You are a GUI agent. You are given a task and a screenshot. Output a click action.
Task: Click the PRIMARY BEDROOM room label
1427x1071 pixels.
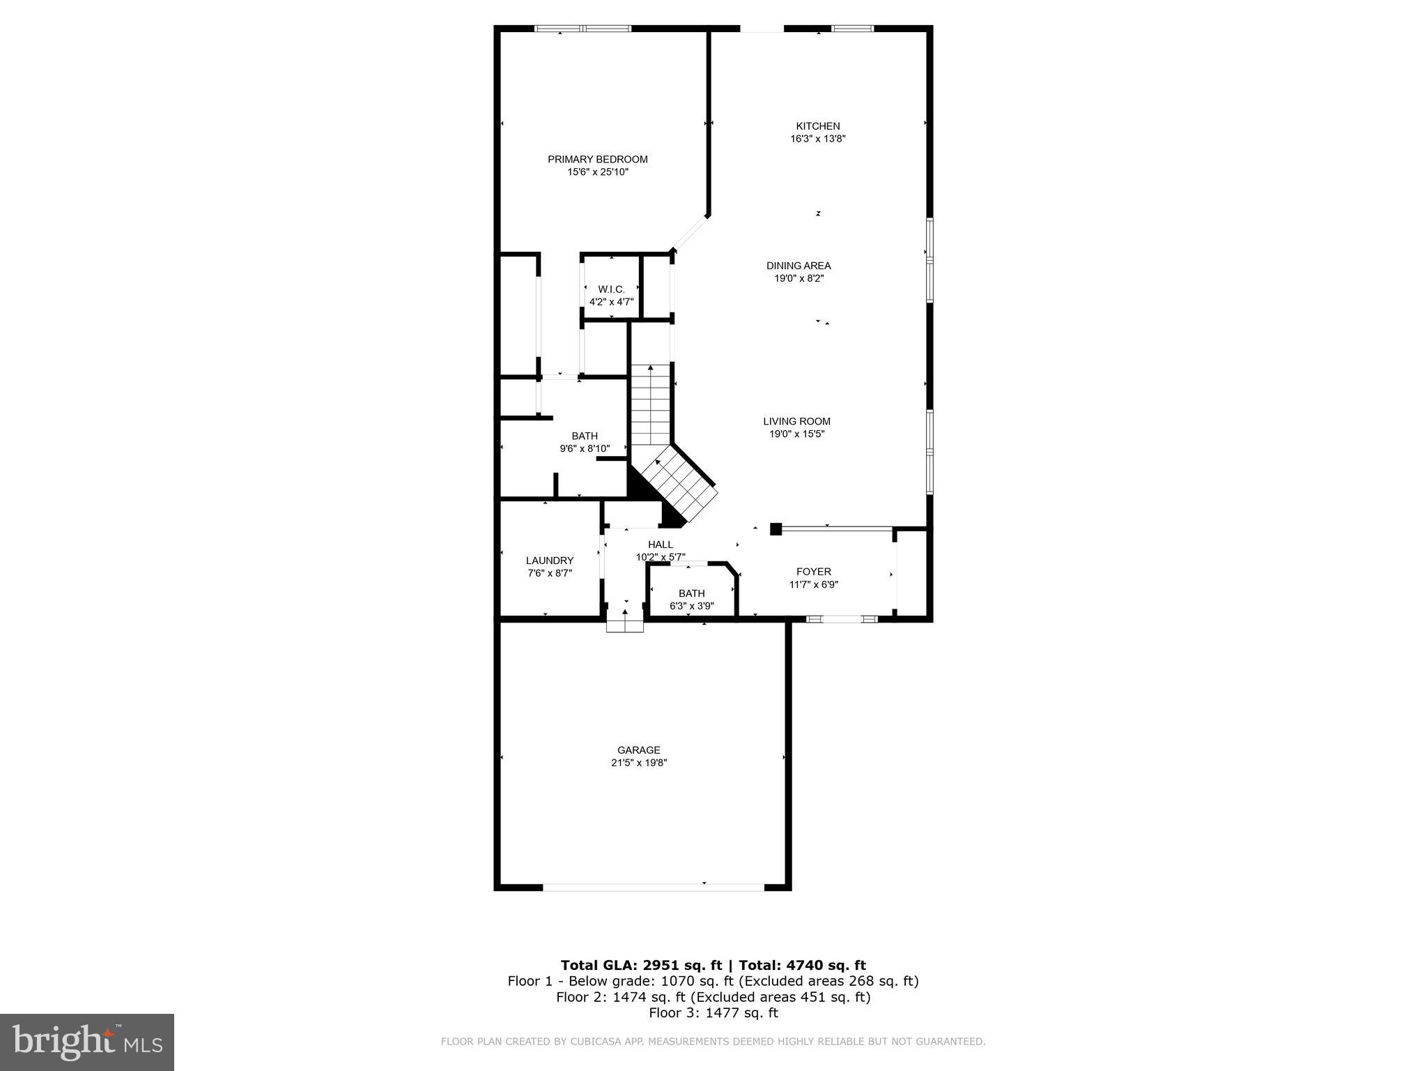click(597, 159)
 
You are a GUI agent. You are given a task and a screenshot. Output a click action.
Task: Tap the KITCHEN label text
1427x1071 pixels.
click(817, 126)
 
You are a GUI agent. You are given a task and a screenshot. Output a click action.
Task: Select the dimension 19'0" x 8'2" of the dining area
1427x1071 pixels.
click(798, 278)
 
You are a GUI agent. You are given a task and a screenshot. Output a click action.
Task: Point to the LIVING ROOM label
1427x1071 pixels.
click(796, 421)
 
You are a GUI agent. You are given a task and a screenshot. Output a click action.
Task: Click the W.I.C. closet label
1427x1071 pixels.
click(611, 289)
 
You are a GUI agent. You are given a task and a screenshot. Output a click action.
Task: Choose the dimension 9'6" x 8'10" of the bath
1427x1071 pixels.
click(585, 449)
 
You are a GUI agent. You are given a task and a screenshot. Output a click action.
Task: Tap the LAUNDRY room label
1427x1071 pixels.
click(549, 561)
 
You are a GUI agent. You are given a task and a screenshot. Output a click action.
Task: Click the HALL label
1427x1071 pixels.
click(660, 545)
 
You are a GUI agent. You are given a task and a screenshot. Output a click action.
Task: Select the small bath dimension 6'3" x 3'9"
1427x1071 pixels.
click(691, 606)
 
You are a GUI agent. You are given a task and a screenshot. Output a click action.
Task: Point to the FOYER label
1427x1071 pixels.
click(813, 572)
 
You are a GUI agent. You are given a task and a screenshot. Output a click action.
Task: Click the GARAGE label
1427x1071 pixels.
click(638, 750)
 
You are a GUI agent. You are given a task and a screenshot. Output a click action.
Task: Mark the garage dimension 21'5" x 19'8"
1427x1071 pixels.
click(638, 763)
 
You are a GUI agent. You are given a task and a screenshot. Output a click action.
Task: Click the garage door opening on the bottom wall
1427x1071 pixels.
click(653, 887)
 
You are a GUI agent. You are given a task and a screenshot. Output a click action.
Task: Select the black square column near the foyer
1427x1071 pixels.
click(776, 529)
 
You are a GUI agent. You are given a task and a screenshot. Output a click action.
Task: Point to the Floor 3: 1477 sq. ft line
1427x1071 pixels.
click(713, 1012)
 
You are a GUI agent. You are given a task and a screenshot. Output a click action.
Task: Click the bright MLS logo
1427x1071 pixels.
click(87, 1042)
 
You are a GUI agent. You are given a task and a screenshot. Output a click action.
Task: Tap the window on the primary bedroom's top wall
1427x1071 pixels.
click(583, 29)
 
